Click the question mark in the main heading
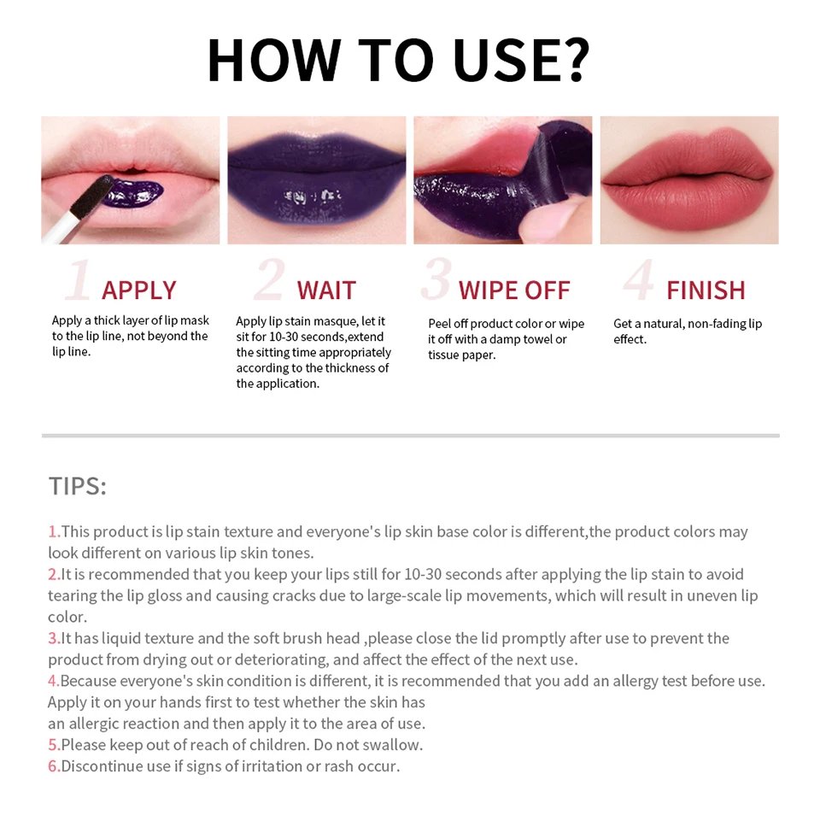pos(570,59)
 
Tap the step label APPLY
pos(139,290)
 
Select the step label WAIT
pos(326,290)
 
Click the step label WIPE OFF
pos(514,290)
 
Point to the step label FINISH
pos(706,290)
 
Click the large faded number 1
pos(79,281)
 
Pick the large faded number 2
pos(269,281)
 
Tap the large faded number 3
pos(436,281)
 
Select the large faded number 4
pos(639,281)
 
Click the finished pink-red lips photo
pos(689,179)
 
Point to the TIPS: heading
pos(77,486)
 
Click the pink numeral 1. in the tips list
pos(54,531)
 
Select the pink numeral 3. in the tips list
pos(54,638)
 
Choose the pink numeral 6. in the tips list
pos(54,766)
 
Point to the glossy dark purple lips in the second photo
pos(316,184)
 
